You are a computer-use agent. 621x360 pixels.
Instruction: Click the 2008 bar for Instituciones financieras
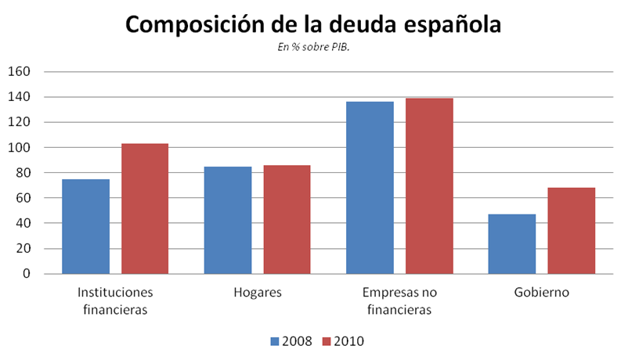(85, 226)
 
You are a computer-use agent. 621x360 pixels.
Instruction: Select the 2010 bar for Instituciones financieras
(145, 208)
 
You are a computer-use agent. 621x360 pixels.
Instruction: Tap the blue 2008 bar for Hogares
(228, 220)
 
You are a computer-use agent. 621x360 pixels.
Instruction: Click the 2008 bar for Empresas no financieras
(370, 188)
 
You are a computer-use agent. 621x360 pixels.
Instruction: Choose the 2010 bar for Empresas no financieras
(429, 185)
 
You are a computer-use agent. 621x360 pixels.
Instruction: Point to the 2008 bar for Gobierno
(511, 244)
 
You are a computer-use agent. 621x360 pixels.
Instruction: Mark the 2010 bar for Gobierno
(571, 231)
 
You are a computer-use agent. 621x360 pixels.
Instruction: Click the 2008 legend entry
(291, 341)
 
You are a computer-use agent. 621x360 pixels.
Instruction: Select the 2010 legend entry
(342, 341)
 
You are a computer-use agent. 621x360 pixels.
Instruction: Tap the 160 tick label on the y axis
(19, 72)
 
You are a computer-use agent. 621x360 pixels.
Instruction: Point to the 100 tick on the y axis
(19, 148)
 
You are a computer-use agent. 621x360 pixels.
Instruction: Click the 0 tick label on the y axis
(26, 274)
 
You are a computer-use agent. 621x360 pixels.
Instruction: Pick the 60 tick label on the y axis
(23, 198)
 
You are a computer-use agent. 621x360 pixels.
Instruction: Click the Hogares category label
(258, 293)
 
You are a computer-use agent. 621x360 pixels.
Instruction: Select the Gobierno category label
(541, 293)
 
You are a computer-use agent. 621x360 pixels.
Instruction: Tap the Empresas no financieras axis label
(399, 301)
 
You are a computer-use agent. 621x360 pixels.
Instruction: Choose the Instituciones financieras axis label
(115, 301)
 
